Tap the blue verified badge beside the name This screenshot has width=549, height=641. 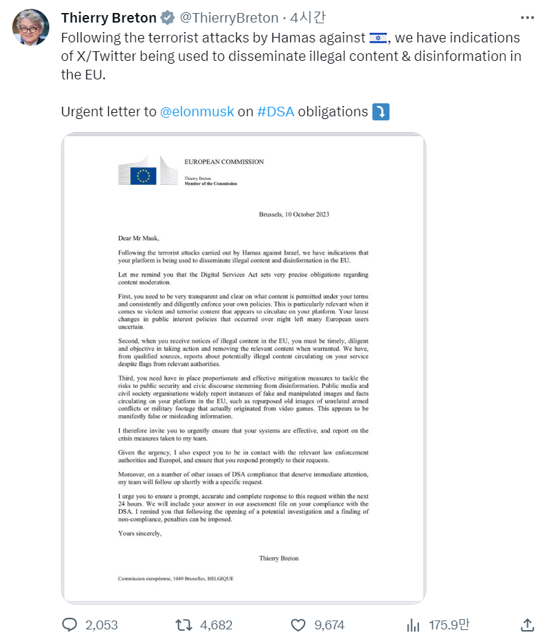pos(168,18)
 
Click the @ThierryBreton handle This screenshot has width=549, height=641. pos(229,18)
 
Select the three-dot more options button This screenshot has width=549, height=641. pos(526,18)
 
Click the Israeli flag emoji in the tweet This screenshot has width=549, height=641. pos(377,38)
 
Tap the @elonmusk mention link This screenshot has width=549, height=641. pos(197,112)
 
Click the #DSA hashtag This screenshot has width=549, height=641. pos(276,112)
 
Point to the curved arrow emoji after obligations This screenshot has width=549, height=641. pos(381,112)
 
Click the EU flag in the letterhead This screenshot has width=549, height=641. pos(144,176)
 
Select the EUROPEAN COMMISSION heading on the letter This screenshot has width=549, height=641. pos(224,162)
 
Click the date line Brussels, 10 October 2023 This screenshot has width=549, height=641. pos(294,214)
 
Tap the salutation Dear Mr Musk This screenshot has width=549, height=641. pos(138,238)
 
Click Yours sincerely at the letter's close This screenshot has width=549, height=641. pos(140,534)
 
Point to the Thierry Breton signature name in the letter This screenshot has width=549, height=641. pos(279,558)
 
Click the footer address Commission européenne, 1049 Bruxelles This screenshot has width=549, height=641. pos(176,578)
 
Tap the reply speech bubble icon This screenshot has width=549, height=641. pos(70,625)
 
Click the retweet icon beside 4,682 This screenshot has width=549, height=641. pos(183,625)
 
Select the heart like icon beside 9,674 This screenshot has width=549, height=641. pos(298,625)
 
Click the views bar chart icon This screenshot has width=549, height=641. pos(413,625)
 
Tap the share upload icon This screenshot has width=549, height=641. pos(527,625)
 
